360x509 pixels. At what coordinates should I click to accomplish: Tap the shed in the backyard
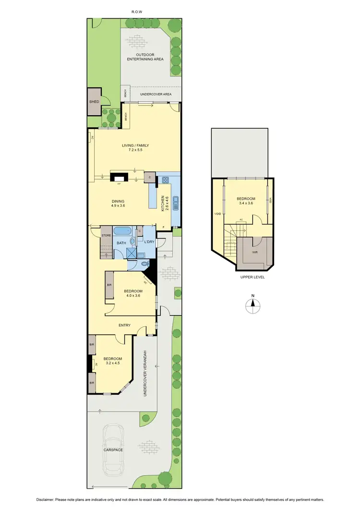pos(94,102)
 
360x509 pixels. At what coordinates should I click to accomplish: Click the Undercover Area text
pos(156,94)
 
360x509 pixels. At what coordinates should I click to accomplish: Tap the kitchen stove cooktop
pos(166,181)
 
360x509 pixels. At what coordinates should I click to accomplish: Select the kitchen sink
pos(176,204)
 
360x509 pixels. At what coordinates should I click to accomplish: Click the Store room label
pos(106,235)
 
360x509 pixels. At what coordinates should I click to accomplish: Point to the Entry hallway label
pos(124,326)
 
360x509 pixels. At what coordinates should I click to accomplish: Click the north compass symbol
pos(252,306)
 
